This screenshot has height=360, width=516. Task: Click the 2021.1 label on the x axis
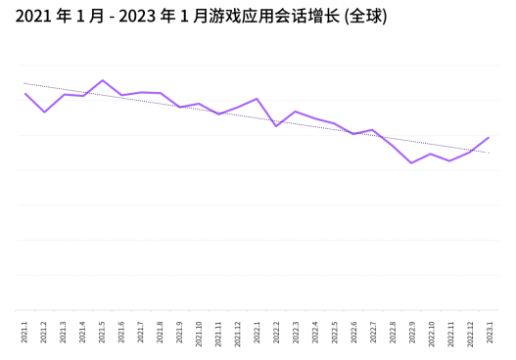pyautogui.click(x=25, y=333)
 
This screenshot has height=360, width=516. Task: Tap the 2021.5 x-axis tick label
pyautogui.click(x=103, y=333)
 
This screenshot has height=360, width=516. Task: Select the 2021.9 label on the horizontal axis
pyautogui.click(x=180, y=333)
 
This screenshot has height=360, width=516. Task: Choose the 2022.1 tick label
pyautogui.click(x=257, y=333)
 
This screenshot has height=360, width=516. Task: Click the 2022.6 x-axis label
pyautogui.click(x=353, y=333)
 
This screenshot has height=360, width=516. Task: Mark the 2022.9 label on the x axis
pyautogui.click(x=411, y=333)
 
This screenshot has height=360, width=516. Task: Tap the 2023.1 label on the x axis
pyautogui.click(x=489, y=333)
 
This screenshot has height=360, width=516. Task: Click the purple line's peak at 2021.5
pyautogui.click(x=103, y=80)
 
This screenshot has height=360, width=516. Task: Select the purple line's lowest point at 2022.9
pyautogui.click(x=411, y=162)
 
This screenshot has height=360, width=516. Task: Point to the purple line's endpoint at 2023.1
pyautogui.click(x=489, y=137)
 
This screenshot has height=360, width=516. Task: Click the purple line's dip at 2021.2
pyautogui.click(x=44, y=112)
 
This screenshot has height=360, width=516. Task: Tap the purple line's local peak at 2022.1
pyautogui.click(x=257, y=99)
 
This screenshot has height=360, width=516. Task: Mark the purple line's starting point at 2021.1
pyautogui.click(x=25, y=93)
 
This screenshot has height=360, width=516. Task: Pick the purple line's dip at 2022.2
pyautogui.click(x=276, y=126)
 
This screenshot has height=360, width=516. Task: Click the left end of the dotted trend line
pyautogui.click(x=23, y=83)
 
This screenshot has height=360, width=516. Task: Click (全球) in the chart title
pyautogui.click(x=367, y=18)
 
